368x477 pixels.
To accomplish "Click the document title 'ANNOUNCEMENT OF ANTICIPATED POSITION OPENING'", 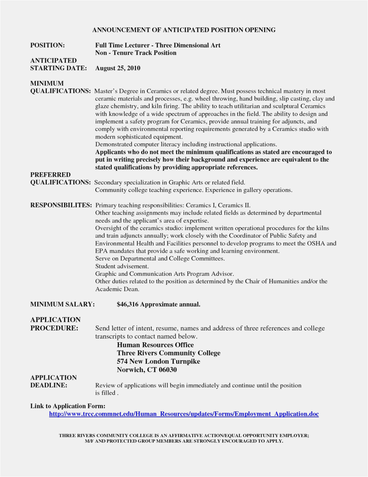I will click(184, 30).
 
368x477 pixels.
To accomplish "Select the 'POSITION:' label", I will click(47, 45).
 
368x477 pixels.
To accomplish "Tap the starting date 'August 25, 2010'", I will click(118, 68).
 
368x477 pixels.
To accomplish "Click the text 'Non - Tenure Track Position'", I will click(136, 53).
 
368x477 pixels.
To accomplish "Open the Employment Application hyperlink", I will click(184, 414).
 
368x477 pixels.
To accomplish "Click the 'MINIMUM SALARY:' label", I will click(63, 304).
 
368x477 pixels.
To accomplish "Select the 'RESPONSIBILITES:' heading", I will click(61, 205).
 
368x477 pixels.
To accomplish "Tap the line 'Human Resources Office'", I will click(155, 345).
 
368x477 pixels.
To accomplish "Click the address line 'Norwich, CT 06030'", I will click(147, 370).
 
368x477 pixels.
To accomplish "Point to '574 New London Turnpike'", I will click(158, 362).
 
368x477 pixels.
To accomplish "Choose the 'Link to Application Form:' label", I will click(68, 406).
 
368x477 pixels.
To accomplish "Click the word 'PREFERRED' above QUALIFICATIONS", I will click(50, 175).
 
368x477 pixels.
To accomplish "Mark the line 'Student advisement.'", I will click(122, 266).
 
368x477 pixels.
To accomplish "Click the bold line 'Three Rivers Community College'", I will click(169, 353).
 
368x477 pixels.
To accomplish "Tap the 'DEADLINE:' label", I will click(49, 385).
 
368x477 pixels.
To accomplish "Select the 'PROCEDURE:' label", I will click(54, 328).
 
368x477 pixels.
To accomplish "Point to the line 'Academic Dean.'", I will click(117, 289).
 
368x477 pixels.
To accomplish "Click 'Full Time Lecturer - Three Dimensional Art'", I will click(158, 45).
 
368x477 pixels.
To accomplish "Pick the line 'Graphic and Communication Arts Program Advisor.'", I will click(164, 274).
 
